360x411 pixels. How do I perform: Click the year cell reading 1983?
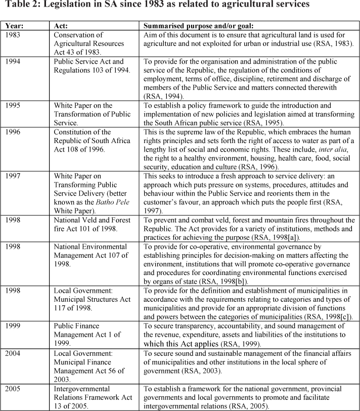[15, 35]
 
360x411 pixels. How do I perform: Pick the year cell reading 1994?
[15, 62]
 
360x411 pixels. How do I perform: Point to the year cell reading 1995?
[15, 106]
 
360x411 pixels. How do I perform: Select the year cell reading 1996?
[15, 132]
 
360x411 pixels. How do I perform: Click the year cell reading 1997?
[15, 176]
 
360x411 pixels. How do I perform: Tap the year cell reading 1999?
[15, 326]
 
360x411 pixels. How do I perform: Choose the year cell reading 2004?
[15, 353]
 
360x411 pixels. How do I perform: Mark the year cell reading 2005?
[15, 389]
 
